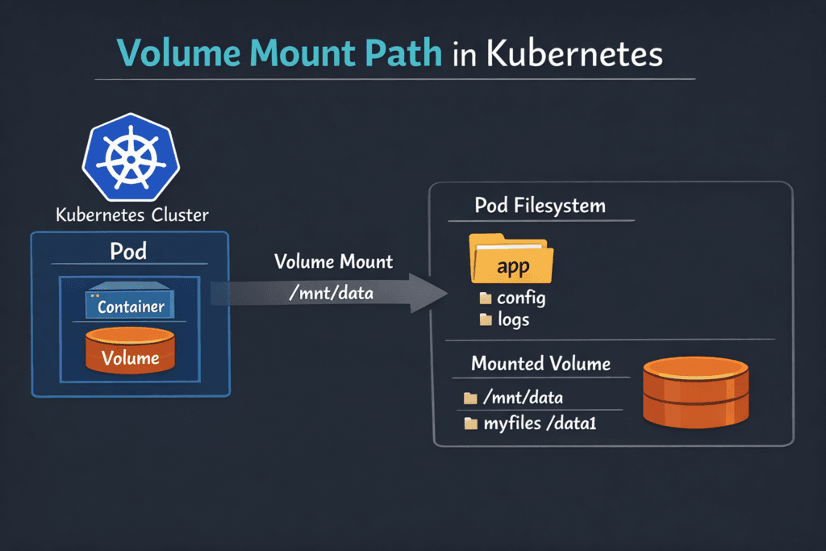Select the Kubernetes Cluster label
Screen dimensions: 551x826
click(x=131, y=215)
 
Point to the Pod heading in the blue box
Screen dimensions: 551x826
click(x=129, y=251)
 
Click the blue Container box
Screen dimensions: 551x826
click(x=131, y=305)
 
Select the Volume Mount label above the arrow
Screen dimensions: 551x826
click(x=334, y=262)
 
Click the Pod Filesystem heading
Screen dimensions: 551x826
click(x=540, y=206)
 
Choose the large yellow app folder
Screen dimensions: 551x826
click(x=511, y=259)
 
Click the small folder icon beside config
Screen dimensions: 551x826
click(x=486, y=298)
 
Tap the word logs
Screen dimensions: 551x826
click(x=514, y=319)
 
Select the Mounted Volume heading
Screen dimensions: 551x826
click(x=540, y=364)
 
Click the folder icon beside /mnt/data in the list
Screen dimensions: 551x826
click(x=471, y=399)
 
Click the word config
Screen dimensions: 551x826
click(x=521, y=298)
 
